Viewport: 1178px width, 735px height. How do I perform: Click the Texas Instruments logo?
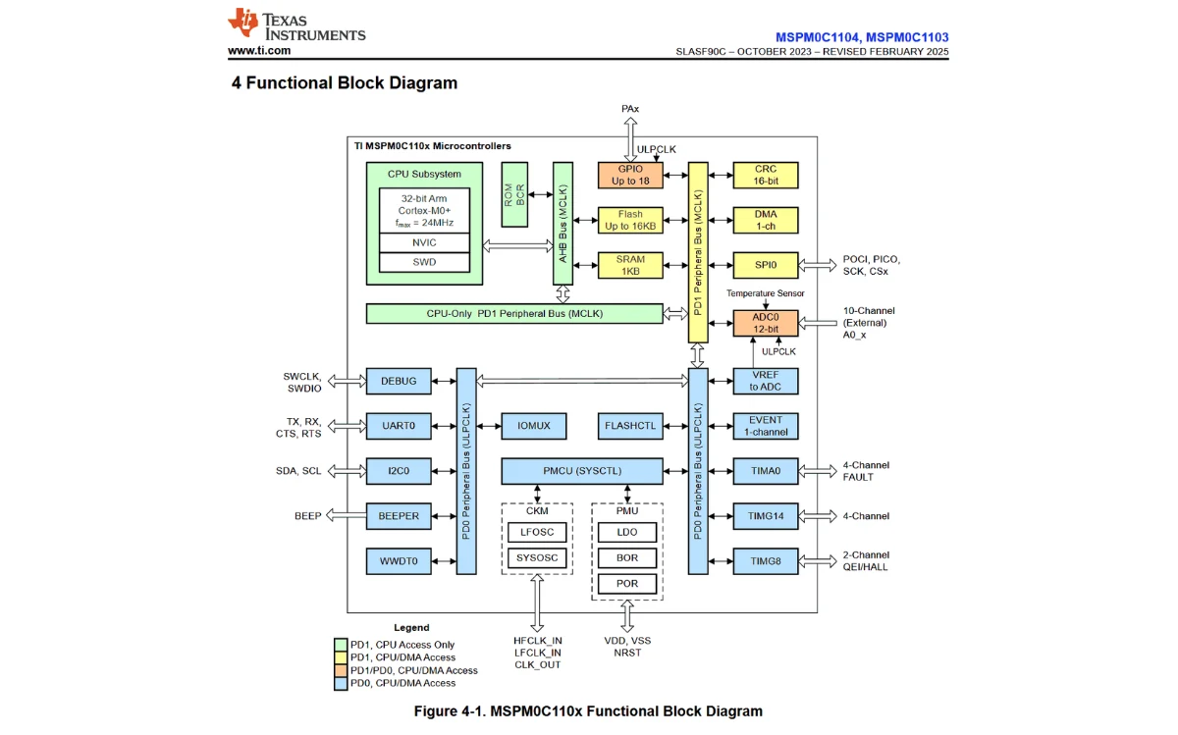295,26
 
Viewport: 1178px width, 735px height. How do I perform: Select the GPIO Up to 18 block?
630,176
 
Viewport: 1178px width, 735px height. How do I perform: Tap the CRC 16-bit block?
766,176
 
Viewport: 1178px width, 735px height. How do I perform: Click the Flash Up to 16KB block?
630,220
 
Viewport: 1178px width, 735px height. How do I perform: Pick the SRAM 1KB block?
630,265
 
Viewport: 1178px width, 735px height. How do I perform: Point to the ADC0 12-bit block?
766,323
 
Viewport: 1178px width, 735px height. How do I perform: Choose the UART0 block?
399,426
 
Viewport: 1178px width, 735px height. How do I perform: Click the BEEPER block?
399,516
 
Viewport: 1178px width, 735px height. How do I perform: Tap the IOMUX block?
534,426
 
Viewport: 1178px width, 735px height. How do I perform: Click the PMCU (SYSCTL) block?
582,471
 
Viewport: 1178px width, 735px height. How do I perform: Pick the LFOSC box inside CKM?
537,533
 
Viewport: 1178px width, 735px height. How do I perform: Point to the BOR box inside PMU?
627,557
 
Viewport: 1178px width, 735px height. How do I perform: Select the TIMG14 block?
766,516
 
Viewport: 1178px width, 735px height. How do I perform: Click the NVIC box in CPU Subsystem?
424,242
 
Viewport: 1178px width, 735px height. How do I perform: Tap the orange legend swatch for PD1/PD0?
341,670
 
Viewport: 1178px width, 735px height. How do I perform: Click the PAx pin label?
630,109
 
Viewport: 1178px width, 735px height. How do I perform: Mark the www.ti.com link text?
259,50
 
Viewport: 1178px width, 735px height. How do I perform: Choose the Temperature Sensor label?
766,293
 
